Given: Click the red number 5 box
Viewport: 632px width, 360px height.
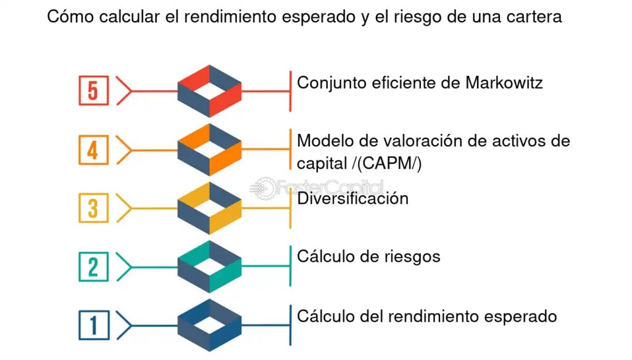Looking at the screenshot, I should (93, 91).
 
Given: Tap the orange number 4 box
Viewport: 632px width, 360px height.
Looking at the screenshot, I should (93, 149).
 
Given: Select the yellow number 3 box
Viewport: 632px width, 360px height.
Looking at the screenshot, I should (93, 207).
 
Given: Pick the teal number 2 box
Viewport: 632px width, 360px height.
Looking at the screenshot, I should (93, 267).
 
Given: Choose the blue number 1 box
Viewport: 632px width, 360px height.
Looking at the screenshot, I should (93, 325).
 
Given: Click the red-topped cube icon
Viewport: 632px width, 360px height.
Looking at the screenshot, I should (209, 91).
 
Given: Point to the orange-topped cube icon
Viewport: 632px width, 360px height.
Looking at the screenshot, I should (209, 149).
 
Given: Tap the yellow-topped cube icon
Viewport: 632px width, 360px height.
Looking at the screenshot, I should (209, 207).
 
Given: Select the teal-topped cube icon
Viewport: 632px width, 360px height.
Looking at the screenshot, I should (209, 267).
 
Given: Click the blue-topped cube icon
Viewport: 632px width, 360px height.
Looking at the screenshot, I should (209, 325).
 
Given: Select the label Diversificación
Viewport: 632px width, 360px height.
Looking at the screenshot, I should (352, 198).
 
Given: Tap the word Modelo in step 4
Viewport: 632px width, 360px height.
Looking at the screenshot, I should (322, 140).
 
